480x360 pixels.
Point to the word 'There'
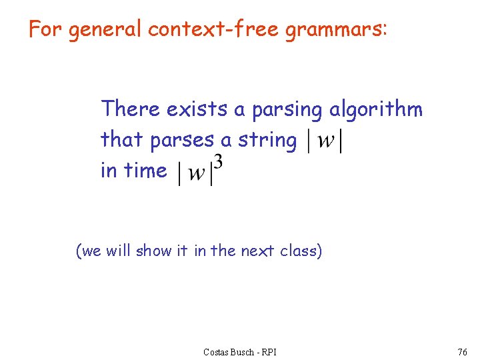click(130, 109)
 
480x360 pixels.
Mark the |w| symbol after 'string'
click(324, 141)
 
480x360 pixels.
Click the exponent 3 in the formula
click(217, 162)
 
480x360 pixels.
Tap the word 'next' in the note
click(257, 251)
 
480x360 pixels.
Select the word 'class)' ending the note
click(301, 251)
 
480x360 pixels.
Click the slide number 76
click(463, 351)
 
